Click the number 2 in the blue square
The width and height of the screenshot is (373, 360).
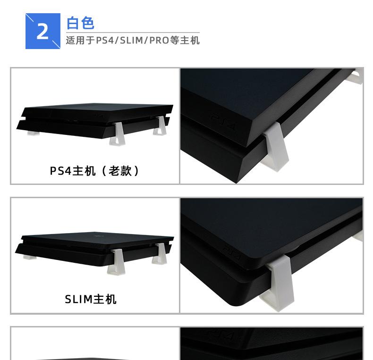click(42, 32)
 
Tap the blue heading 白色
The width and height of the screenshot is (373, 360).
click(80, 23)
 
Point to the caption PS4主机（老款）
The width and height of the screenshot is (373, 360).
click(95, 171)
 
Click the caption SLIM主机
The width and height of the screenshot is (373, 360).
click(91, 299)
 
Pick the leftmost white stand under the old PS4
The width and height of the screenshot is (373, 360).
click(33, 133)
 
